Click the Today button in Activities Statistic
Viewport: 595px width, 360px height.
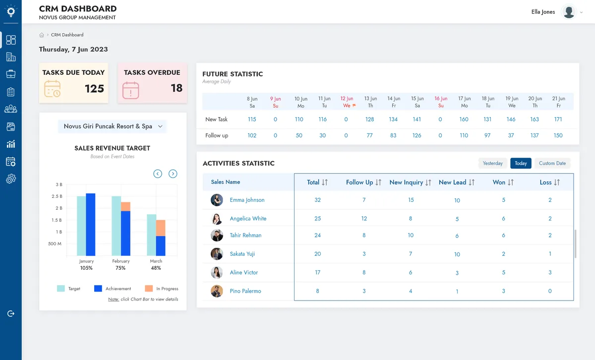coord(521,163)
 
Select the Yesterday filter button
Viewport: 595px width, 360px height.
coord(492,163)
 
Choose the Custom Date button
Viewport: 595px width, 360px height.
coord(552,163)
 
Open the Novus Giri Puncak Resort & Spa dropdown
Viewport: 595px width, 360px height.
coord(113,126)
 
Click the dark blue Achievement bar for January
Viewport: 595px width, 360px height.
coord(91,225)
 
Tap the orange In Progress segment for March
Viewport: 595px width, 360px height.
coord(161,228)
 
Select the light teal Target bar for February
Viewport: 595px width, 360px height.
coord(117,226)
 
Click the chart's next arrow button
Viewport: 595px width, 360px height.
coord(173,174)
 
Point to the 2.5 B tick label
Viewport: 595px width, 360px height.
coord(57,196)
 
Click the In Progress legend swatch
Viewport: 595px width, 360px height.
coord(149,289)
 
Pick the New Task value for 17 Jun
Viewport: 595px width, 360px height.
coord(464,120)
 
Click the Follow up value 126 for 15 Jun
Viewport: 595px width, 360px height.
coord(417,135)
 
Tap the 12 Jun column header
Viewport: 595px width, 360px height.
coord(347,102)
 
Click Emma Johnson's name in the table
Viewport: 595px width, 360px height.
coord(247,200)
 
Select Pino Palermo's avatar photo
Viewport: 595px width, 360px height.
coord(217,291)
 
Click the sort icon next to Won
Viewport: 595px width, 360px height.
coord(511,182)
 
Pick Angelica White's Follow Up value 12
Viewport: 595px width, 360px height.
coord(364,218)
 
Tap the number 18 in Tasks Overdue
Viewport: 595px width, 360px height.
coord(177,88)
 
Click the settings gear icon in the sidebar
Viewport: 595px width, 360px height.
coord(11,179)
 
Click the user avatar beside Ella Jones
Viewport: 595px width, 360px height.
coord(569,12)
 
